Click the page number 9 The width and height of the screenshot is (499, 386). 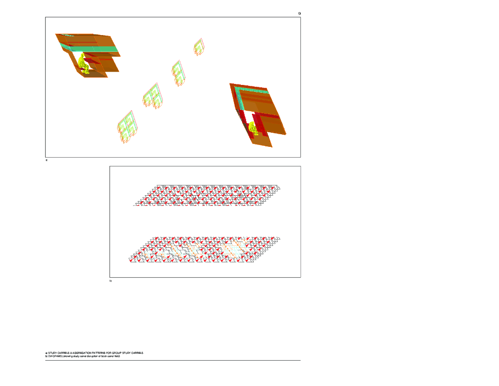[x=299, y=13]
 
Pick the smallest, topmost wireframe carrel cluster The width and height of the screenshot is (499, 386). [x=199, y=47]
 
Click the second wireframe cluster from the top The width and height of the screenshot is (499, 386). [x=178, y=71]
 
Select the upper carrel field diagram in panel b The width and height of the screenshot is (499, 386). [x=207, y=196]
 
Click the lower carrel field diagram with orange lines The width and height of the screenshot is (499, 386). [x=205, y=250]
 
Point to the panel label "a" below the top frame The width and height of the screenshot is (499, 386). [x=46, y=160]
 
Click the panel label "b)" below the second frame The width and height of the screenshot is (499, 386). [x=111, y=281]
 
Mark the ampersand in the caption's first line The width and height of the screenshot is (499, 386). [x=71, y=353]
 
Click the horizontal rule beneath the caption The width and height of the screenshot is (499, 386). [x=173, y=360]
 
